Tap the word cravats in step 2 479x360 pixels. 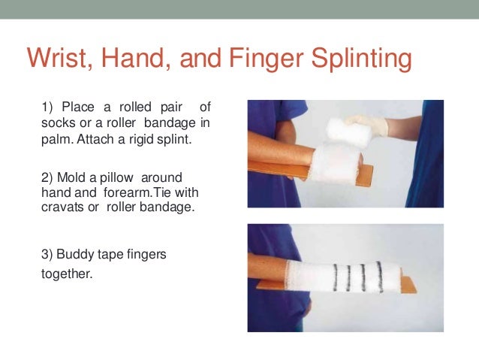click(60, 207)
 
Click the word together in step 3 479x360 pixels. click(66, 274)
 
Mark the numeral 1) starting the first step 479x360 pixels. click(44, 105)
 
